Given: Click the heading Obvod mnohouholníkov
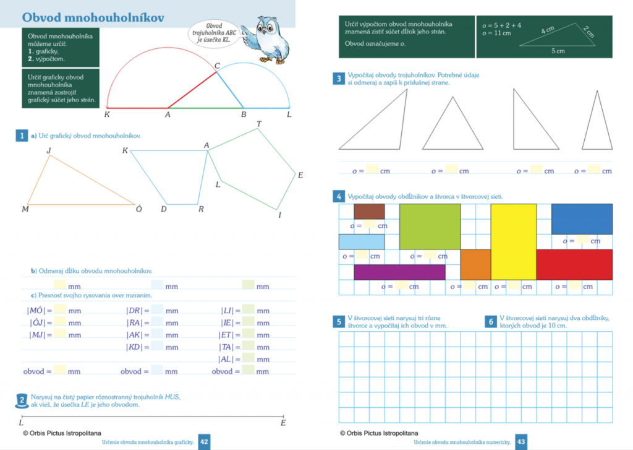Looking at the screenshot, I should point(93,17).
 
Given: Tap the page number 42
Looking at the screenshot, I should point(204,441).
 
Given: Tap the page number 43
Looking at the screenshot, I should point(520,441).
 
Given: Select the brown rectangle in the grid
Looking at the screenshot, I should point(369,212).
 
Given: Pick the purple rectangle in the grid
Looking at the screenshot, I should point(399,272).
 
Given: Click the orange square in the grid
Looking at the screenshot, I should point(475,264).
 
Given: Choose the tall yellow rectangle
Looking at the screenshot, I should point(513,241).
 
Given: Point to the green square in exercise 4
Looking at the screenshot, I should point(430,226).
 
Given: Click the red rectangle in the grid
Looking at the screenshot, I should point(574,264).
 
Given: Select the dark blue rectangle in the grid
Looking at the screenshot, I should point(581,219).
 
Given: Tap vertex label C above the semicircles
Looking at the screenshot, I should point(217,66).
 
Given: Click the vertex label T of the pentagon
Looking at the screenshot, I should point(258,124).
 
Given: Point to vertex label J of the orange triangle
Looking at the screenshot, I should point(49,150).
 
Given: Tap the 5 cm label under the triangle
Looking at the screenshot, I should point(558,51).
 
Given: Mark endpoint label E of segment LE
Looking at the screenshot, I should point(283,423).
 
